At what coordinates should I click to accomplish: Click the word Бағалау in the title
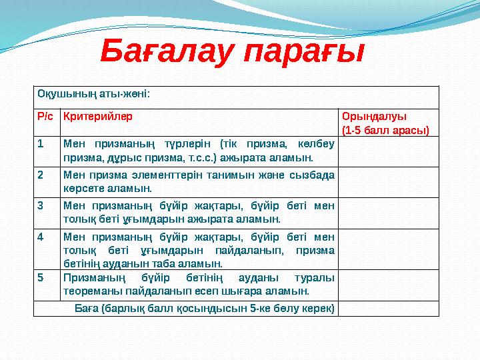[167, 52]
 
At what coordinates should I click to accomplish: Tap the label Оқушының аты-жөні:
[93, 94]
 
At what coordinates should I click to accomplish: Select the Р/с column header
[46, 116]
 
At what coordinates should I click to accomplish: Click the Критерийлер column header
[97, 116]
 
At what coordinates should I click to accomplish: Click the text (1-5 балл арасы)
[385, 129]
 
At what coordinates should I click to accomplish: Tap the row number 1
[41, 143]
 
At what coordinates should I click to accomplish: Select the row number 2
[41, 175]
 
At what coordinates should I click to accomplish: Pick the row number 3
[41, 205]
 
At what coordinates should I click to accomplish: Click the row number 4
[41, 236]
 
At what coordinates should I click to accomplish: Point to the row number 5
[41, 277]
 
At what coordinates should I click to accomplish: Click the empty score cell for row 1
[389, 151]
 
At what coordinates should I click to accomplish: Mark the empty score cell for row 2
[389, 183]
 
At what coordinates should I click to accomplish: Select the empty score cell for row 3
[389, 213]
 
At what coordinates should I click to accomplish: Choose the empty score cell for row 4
[389, 249]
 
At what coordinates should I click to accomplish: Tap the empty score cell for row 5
[389, 285]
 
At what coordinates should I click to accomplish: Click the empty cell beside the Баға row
[389, 308]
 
